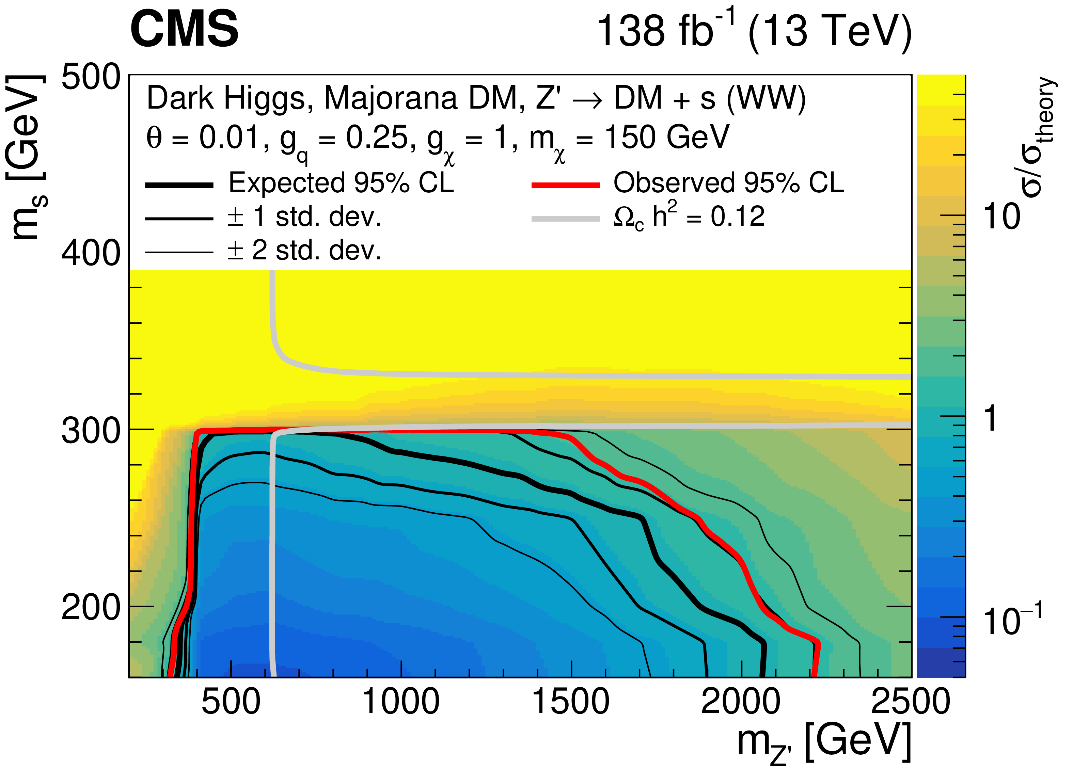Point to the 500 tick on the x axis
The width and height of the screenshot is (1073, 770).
[x=231, y=702]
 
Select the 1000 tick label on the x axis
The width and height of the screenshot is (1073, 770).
[x=401, y=702]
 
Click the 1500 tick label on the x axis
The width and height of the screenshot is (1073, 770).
[x=571, y=702]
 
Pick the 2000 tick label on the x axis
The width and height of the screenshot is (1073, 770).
[x=741, y=702]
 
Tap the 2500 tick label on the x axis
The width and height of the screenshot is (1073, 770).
[x=910, y=702]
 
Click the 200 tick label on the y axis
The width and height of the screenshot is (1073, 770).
[x=91, y=607]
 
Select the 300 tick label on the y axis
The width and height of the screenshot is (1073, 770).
[x=91, y=431]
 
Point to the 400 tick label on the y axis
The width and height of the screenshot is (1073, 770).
[x=91, y=253]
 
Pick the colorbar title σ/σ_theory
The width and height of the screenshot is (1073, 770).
[x=1039, y=137]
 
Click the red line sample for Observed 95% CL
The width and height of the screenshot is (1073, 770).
[x=565, y=185]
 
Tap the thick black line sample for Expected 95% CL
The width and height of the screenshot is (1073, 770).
[x=179, y=185]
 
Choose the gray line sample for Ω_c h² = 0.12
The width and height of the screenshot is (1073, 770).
[x=565, y=219]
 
